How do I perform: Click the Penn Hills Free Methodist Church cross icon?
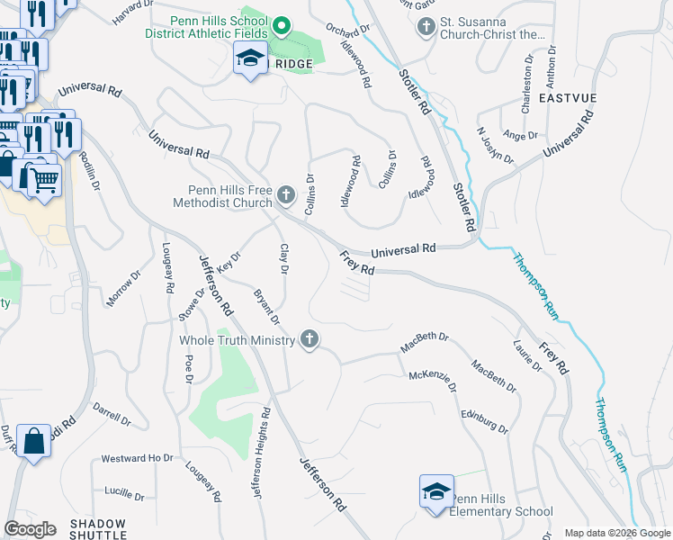point(286,194)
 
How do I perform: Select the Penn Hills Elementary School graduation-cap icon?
point(435,492)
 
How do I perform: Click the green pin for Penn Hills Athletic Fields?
point(281,27)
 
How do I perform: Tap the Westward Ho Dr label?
point(137,458)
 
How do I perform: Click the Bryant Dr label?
point(267,307)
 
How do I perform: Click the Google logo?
point(31,529)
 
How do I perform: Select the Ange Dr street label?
point(521,136)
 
